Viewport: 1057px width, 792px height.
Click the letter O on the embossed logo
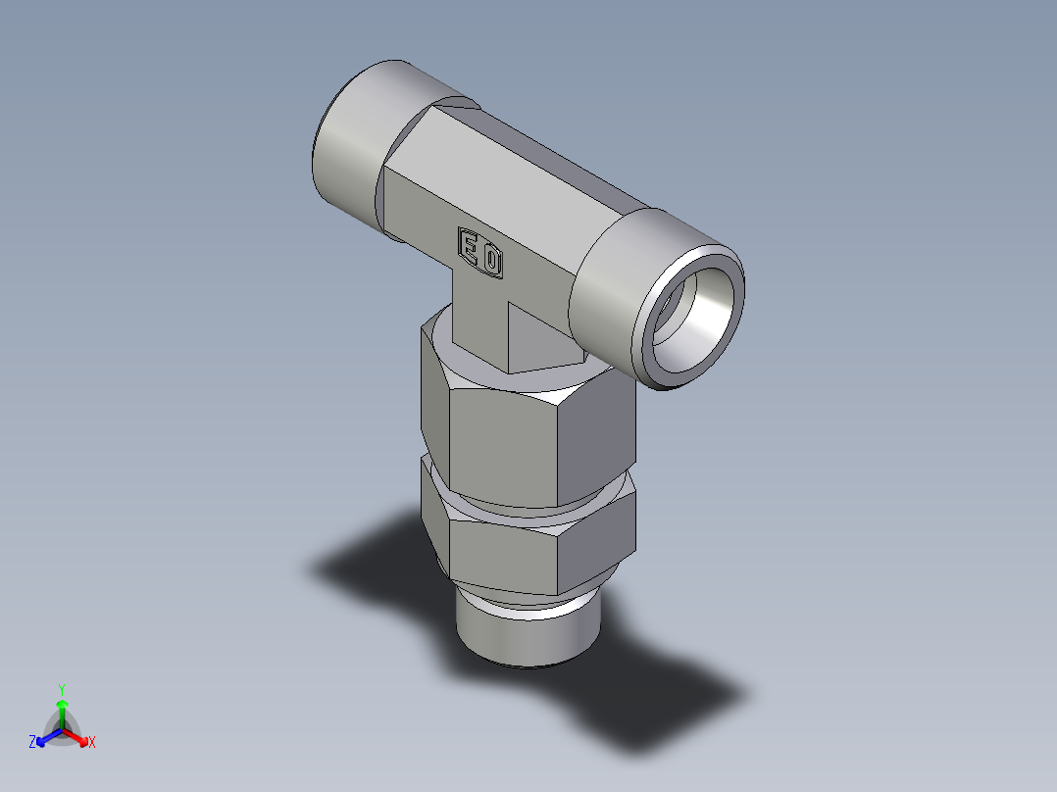tap(493, 262)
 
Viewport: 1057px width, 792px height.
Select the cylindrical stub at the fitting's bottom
tap(526, 636)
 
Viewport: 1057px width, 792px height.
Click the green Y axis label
tap(61, 688)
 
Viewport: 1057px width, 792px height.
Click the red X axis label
tap(92, 743)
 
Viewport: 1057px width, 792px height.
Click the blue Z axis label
tap(32, 743)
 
